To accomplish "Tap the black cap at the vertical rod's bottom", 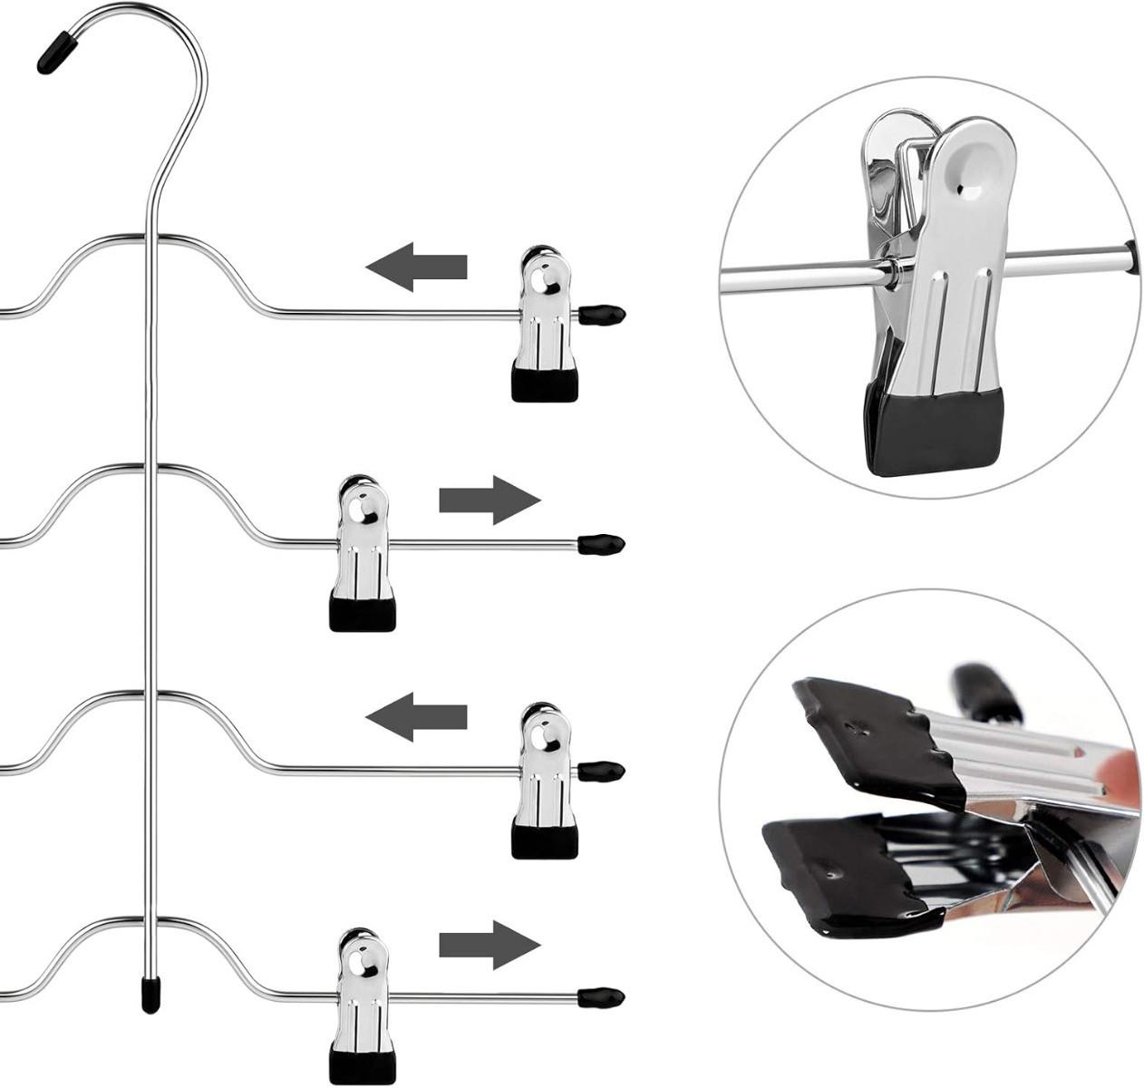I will (x=150, y=995).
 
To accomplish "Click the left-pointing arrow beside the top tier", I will (x=416, y=267).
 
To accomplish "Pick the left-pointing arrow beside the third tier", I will (x=416, y=718).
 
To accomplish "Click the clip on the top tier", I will (x=544, y=322).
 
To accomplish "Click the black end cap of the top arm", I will (x=602, y=315).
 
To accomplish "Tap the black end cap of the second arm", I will (x=602, y=544).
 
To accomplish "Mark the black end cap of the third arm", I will (x=602, y=772).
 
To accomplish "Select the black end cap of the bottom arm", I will (x=602, y=998).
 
